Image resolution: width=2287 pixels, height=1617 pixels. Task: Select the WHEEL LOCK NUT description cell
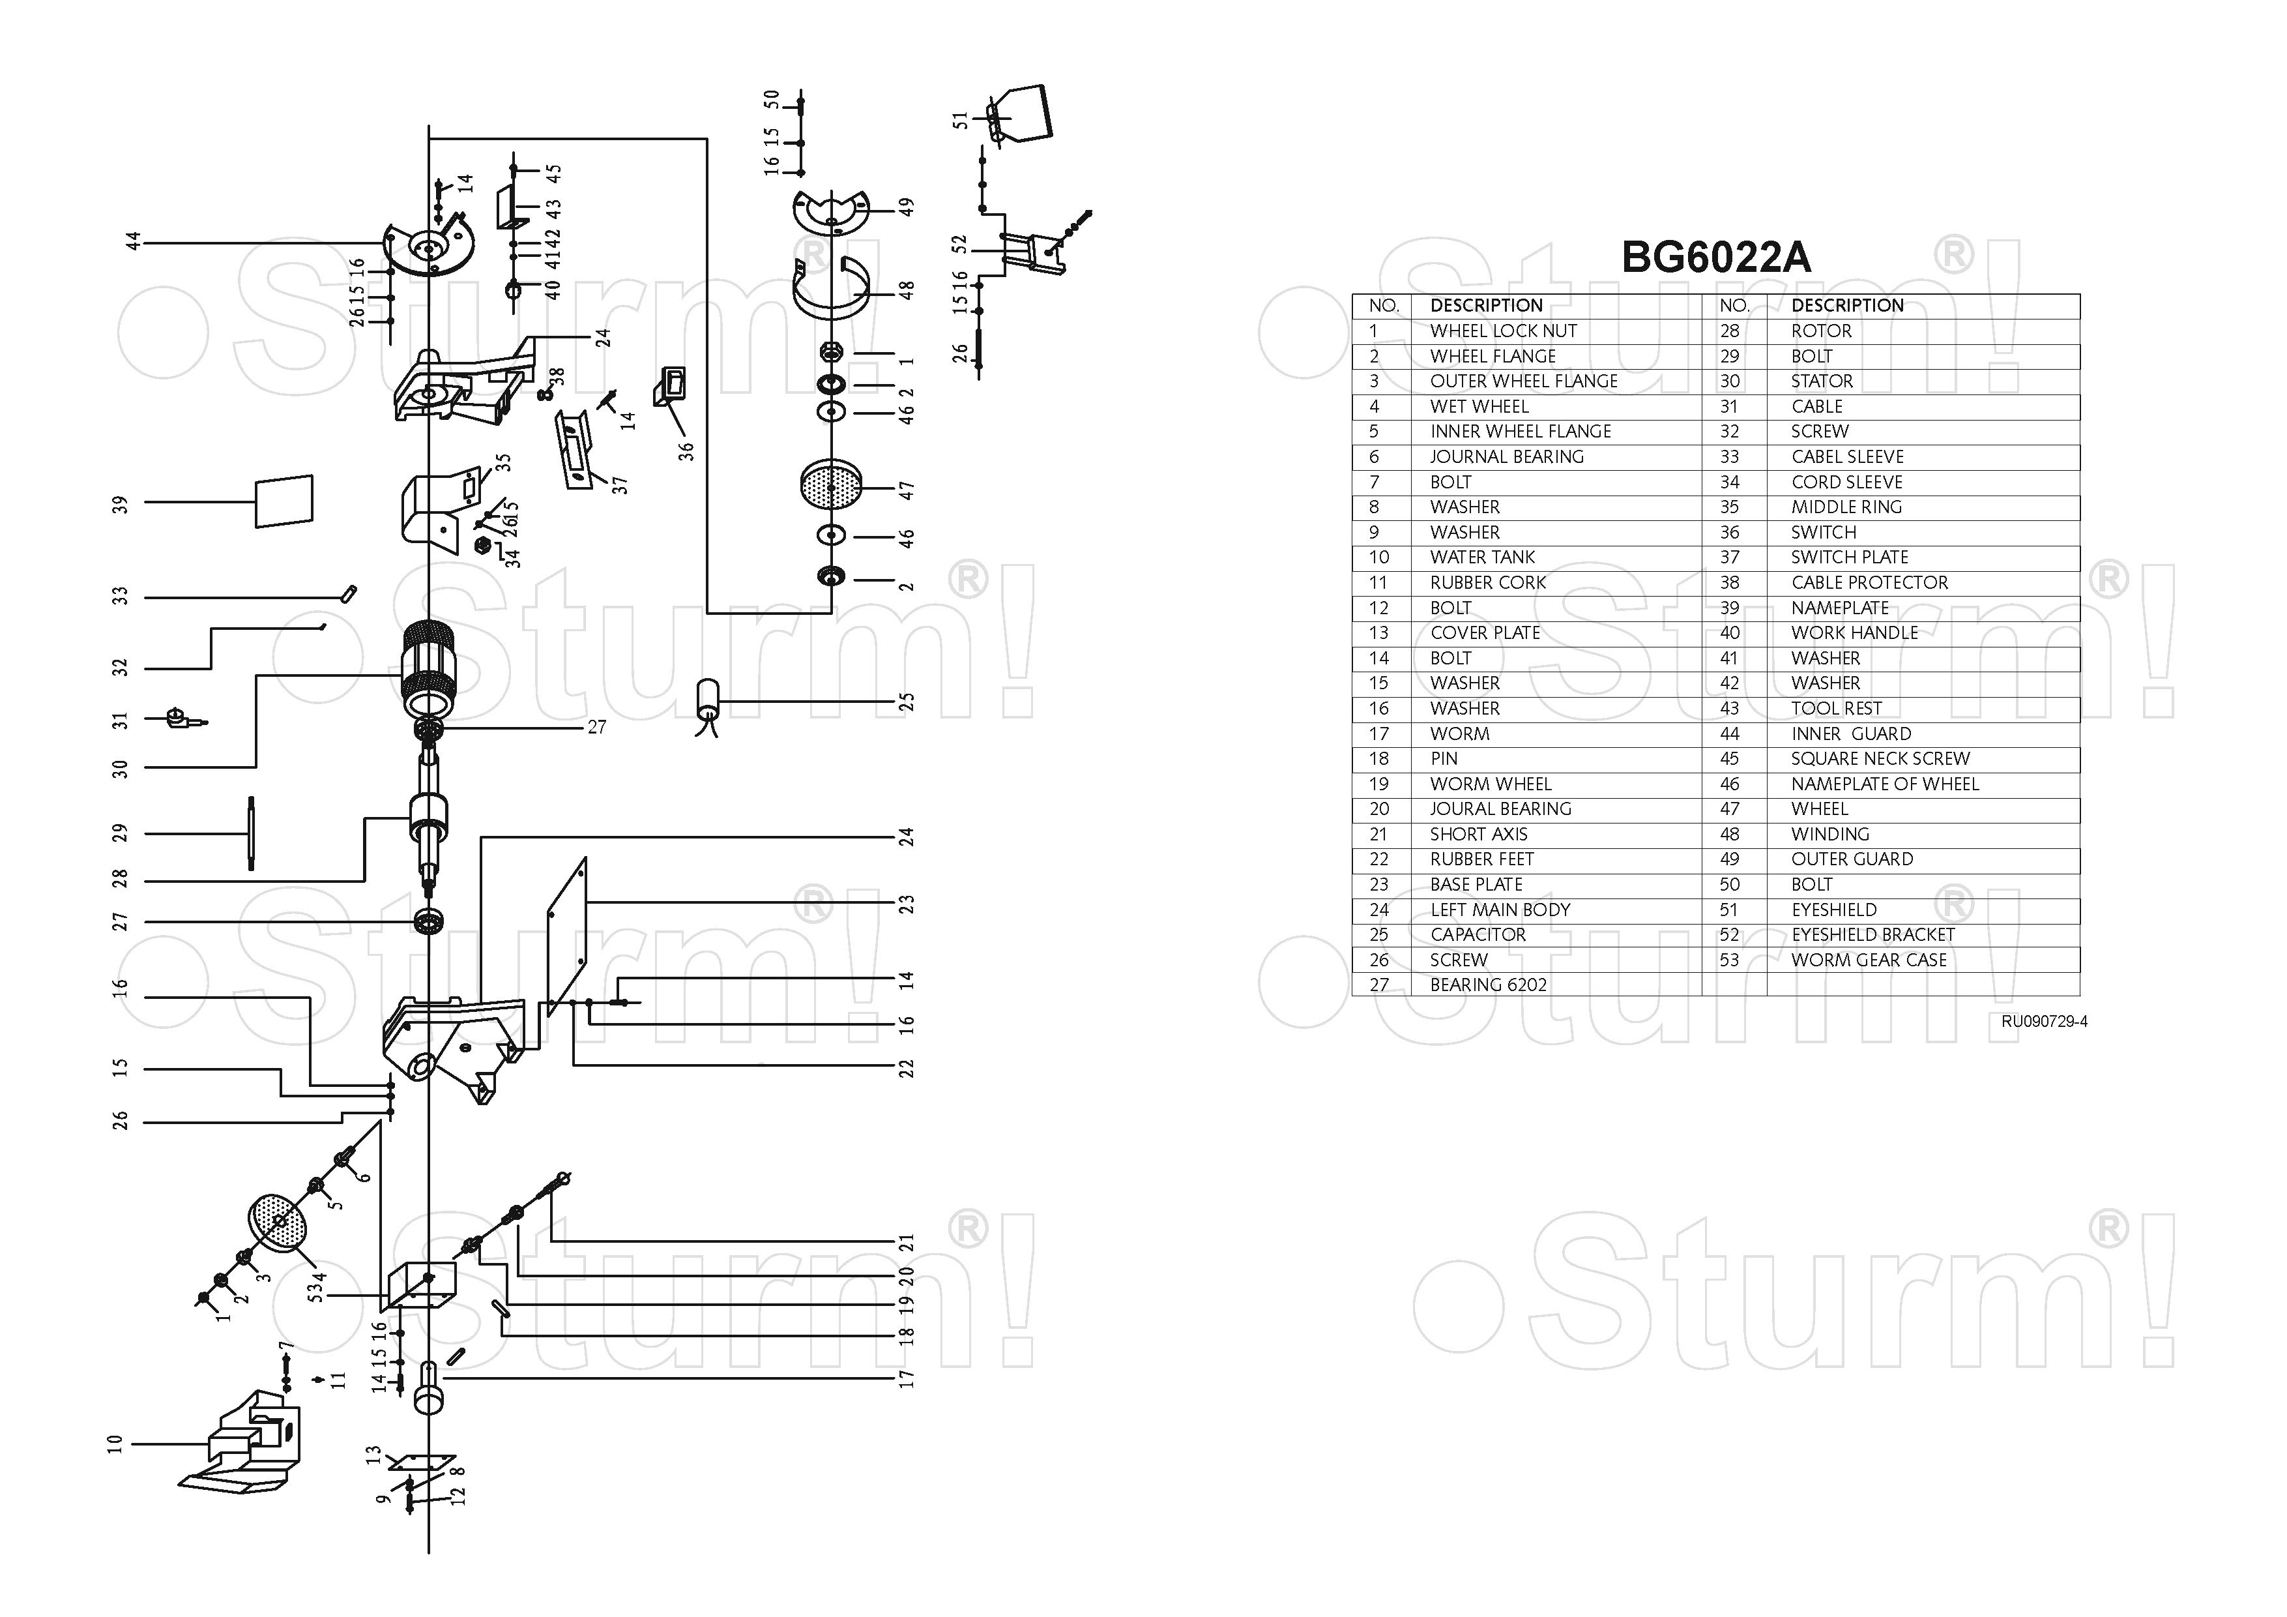click(1503, 331)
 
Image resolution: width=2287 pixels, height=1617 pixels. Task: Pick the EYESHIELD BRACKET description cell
click(1872, 934)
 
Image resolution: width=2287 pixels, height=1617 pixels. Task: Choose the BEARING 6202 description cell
click(1488, 985)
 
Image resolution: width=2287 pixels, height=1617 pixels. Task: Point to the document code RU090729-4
click(2044, 1021)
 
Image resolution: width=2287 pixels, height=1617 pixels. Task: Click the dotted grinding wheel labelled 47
click(831, 484)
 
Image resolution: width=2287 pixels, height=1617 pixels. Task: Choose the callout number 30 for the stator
click(121, 768)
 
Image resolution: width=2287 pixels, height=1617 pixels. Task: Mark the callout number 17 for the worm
click(905, 1379)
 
